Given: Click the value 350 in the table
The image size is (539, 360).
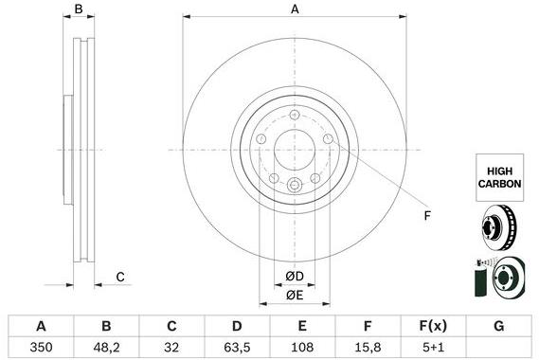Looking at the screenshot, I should coord(41,347).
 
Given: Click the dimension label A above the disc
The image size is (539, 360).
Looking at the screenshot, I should coord(295,9).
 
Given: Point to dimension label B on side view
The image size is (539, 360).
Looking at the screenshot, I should coord(80,9).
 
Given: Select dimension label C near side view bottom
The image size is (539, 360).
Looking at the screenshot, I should coord(120,277).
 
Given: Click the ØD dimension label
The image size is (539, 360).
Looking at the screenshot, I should coord(295,276).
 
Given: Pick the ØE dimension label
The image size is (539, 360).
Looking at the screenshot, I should coord(295,297).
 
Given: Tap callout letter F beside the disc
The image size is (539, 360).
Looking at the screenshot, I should coord(427,216).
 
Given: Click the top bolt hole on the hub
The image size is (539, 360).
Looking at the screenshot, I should coord(295,116).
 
